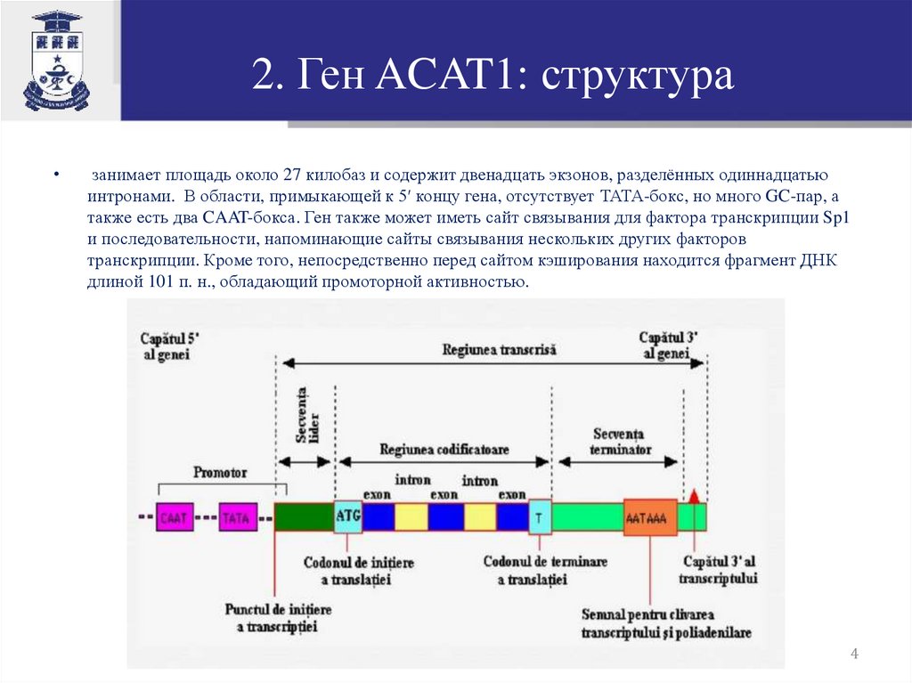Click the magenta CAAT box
pos(175,517)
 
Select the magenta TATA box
pos(237,517)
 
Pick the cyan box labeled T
pos(540,516)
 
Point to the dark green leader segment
pos(304,517)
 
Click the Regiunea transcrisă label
pos(499,350)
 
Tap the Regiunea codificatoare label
pos(444,450)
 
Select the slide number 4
pos(854,655)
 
